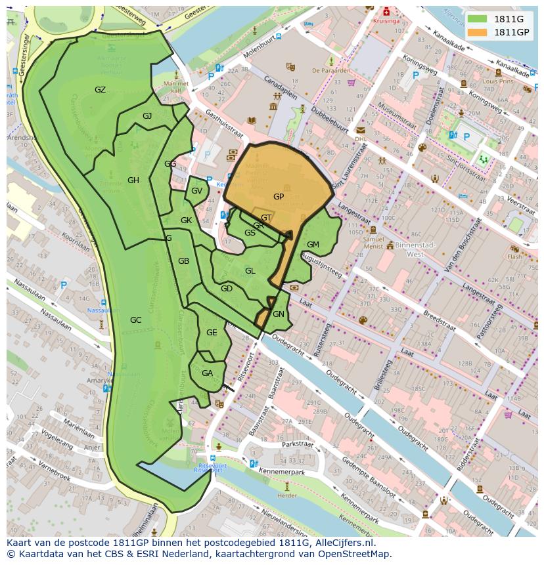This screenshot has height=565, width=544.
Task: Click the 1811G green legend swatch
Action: point(477,19)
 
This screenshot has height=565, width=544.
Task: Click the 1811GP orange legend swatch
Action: point(477,32)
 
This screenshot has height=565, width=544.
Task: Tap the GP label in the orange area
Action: point(279,196)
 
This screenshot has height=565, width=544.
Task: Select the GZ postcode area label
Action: point(100,90)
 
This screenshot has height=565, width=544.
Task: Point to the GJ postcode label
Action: point(147,116)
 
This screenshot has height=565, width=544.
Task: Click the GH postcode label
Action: point(133,180)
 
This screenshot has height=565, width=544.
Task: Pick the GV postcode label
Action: point(196,191)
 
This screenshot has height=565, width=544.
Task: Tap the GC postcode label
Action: point(135,320)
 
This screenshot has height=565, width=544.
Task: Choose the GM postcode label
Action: point(313,245)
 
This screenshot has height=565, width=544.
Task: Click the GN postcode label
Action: point(279,314)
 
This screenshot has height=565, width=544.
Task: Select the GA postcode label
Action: point(207,373)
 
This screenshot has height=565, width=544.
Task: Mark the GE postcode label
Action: point(212,333)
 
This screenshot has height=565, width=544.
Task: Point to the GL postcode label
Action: point(250,271)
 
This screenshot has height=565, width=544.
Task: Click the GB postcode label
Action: point(183,261)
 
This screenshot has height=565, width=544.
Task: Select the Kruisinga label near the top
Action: point(386,21)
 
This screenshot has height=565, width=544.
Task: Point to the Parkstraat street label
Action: point(296,444)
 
